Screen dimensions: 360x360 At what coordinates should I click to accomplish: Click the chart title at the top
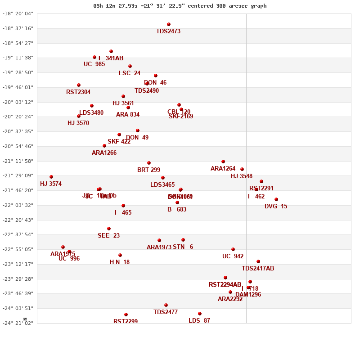tap(180, 6)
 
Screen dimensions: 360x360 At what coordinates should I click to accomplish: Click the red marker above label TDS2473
tap(169, 24)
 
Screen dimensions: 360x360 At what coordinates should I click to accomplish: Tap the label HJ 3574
tap(51, 184)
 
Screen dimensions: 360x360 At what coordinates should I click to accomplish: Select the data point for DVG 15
tap(276, 199)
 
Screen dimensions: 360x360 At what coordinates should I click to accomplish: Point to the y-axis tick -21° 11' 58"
tap(18, 161)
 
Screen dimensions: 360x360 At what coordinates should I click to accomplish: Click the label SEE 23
tap(108, 236)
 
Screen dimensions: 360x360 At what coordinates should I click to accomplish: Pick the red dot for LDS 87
tap(200, 314)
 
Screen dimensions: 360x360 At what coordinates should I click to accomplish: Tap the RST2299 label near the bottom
tap(126, 321)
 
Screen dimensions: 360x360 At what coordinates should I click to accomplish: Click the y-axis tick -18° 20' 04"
tap(18, 13)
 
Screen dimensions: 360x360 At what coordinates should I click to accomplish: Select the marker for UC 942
tap(233, 249)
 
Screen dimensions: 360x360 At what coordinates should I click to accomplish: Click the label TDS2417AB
tap(258, 269)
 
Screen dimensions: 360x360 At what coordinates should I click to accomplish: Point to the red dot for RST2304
tap(79, 85)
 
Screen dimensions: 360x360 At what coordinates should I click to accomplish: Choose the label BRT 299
tap(148, 170)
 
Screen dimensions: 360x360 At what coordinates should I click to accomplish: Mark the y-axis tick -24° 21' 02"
tap(18, 323)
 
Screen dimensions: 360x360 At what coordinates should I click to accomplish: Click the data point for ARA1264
tap(223, 162)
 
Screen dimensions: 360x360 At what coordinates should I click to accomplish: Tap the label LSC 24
tap(130, 73)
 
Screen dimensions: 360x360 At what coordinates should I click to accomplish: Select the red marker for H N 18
tap(120, 255)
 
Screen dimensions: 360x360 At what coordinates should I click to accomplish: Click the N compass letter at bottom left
tap(25, 319)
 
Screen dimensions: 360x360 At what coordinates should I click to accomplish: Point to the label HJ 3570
tap(78, 123)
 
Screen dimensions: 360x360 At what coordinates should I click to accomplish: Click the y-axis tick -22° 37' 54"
tap(18, 234)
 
